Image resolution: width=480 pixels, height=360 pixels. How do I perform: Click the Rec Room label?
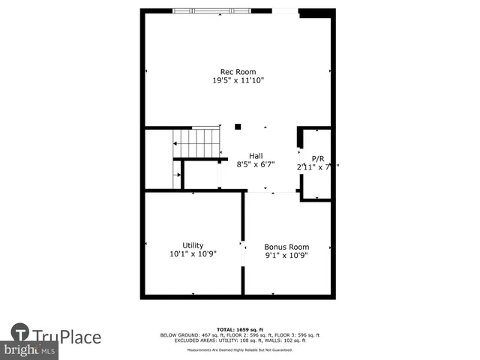238,72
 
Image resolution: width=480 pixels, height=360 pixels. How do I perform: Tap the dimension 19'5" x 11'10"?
238,80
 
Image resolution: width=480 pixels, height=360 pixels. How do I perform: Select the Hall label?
256,156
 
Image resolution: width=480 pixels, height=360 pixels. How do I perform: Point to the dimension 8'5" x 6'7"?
256,164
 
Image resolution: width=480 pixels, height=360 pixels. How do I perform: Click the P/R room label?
318,159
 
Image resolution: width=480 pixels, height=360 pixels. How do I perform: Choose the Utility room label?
193,245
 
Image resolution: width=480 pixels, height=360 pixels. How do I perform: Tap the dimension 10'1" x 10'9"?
193,254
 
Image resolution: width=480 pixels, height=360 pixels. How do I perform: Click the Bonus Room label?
286,247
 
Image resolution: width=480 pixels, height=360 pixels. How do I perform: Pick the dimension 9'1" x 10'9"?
286,255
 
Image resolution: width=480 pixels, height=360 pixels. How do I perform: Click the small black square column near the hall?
238,127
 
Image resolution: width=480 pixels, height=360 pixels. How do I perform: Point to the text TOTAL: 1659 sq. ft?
239,329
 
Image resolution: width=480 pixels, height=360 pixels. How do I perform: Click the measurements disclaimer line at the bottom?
239,349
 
